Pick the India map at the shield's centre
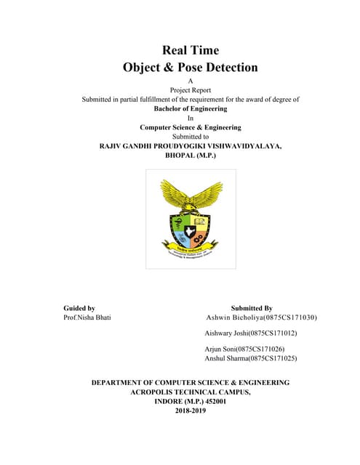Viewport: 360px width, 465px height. click(191, 231)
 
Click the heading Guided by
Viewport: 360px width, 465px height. click(79, 308)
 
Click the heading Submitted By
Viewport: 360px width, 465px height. click(252, 308)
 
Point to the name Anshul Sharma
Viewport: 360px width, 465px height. click(227, 358)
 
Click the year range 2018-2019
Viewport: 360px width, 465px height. click(191, 411)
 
